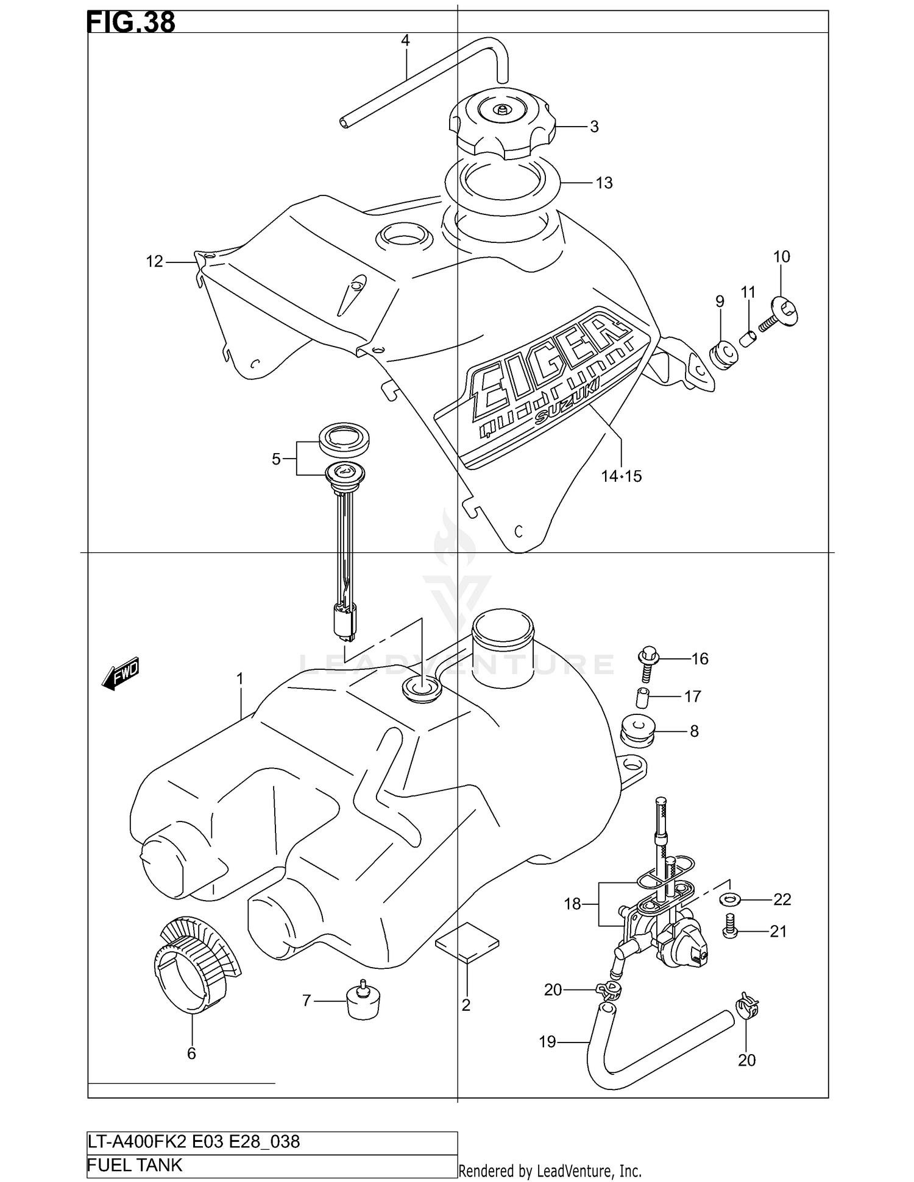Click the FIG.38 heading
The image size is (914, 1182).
pos(131,22)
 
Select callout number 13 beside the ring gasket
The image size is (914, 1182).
pos(603,183)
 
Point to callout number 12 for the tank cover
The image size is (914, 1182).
pos(154,262)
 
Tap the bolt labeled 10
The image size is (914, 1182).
pos(783,311)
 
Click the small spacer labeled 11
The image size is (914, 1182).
pos(748,337)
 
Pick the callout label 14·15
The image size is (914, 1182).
pos(622,476)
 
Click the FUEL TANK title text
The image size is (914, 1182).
pos(135,1165)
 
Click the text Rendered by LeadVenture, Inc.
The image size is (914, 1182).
pos(550,1170)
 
